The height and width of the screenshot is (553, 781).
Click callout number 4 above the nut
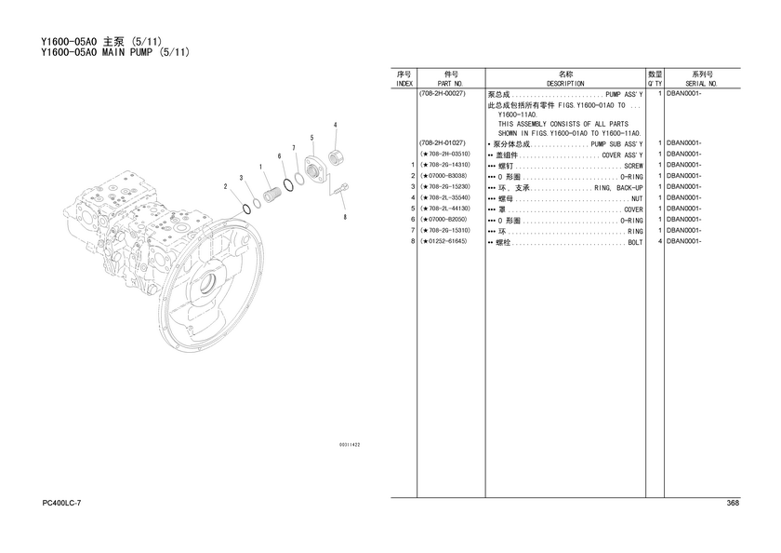point(336,125)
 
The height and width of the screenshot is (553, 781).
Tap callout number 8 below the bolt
point(345,217)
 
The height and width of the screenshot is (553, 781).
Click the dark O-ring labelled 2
point(246,209)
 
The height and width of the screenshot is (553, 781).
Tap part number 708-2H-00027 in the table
point(443,94)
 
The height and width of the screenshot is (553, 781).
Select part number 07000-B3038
point(444,176)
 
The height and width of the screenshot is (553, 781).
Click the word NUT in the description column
point(637,198)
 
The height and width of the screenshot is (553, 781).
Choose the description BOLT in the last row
point(636,242)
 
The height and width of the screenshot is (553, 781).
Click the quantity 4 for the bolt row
point(660,242)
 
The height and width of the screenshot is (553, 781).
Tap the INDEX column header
point(404,84)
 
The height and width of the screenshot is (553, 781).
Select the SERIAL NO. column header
point(701,84)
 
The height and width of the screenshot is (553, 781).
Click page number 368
point(733,503)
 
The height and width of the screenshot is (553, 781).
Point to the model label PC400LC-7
point(61,503)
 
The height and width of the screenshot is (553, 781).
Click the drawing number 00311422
point(350,445)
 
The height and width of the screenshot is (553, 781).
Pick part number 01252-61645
point(444,241)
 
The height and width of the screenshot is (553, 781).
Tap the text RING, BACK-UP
point(618,188)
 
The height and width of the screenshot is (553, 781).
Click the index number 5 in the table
point(413,209)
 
